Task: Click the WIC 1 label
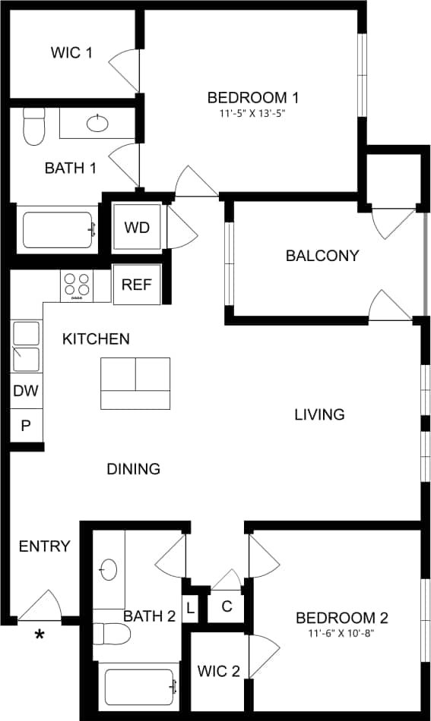tap(71, 53)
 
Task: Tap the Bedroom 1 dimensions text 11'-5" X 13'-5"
tap(252, 113)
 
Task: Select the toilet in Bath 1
tap(34, 127)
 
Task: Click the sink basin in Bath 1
tap(97, 123)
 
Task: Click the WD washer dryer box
tap(137, 227)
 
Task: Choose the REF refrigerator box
tap(137, 285)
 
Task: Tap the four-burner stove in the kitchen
tap(76, 285)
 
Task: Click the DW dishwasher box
tap(26, 392)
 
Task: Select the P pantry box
tap(26, 426)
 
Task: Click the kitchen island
tap(135, 383)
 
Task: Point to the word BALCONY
tap(322, 256)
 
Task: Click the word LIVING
tap(319, 414)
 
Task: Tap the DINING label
tap(133, 469)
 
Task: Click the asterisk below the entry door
tap(39, 634)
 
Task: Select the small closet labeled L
tap(189, 607)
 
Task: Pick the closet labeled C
tap(226, 606)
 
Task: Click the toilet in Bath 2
tap(109, 633)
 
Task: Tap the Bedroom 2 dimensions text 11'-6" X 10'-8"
tap(341, 633)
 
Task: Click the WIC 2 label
tap(218, 671)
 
